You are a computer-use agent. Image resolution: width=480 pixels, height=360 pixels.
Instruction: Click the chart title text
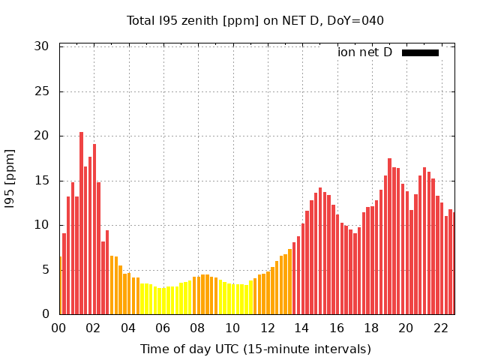(x=255, y=20)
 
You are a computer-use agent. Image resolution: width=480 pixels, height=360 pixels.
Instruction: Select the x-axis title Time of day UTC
(x=255, y=349)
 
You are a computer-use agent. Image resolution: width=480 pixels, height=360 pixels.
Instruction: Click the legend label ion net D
(x=364, y=52)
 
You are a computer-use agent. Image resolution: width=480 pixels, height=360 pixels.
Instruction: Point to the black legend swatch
(x=420, y=52)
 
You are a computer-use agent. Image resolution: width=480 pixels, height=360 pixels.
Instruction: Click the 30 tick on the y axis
(x=41, y=46)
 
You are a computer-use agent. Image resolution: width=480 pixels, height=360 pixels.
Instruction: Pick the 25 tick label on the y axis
(x=41, y=91)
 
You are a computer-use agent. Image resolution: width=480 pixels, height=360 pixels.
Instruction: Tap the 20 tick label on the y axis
(x=41, y=136)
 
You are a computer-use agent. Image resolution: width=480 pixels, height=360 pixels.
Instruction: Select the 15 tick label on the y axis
(x=41, y=181)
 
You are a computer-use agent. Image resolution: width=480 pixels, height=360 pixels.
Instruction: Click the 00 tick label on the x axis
(x=59, y=328)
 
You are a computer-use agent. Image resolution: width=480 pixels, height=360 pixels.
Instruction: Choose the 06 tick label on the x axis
(x=163, y=328)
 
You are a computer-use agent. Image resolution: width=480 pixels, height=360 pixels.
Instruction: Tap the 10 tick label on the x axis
(x=232, y=328)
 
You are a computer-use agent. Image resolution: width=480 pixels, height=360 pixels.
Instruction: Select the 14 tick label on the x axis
(x=301, y=328)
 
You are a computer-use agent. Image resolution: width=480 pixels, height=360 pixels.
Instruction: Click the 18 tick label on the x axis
(x=371, y=328)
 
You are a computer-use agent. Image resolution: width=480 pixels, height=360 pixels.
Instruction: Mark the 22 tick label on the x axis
(x=440, y=328)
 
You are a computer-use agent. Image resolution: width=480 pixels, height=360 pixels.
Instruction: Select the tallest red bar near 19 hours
(x=389, y=236)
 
